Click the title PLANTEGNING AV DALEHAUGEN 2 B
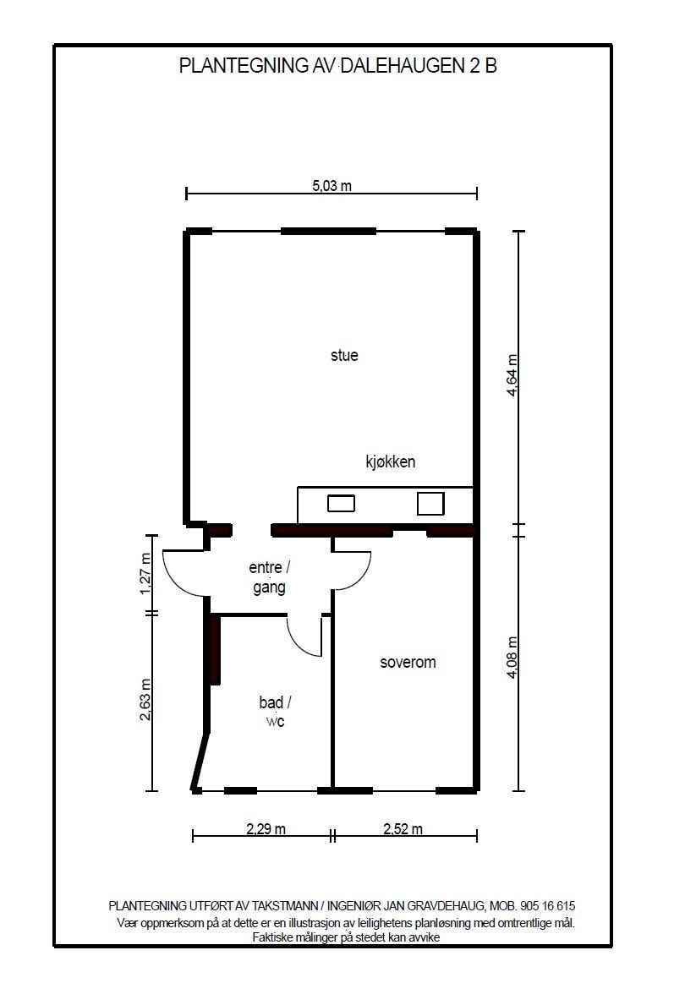(337, 65)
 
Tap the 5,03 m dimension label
(332, 185)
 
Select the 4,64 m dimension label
(513, 374)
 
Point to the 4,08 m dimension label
(513, 658)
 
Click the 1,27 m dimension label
(145, 574)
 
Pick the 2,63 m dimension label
(145, 699)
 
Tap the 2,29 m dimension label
(266, 828)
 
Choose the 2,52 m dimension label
(403, 828)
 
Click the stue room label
(344, 355)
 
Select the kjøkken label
(391, 461)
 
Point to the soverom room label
(408, 663)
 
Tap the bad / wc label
(275, 712)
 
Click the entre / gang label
(270, 576)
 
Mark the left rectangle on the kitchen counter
(341, 504)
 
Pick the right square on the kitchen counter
(430, 504)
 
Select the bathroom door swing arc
(297, 642)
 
